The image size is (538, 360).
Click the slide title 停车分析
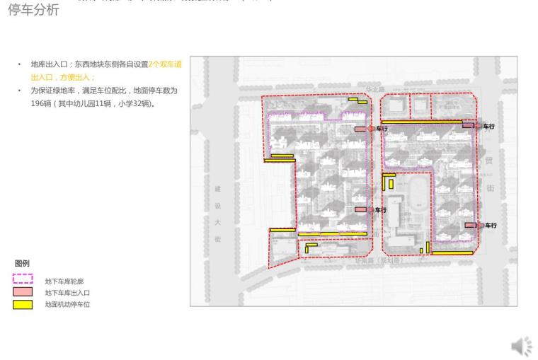click(x=34, y=11)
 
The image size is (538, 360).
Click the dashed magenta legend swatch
click(x=23, y=279)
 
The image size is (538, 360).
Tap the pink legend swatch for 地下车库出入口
click(x=23, y=292)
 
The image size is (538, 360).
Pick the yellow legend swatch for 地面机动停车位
click(x=23, y=304)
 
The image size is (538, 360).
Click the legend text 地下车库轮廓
click(x=64, y=281)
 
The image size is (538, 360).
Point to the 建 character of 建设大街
click(x=217, y=190)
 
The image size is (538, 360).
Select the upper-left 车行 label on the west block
click(x=382, y=129)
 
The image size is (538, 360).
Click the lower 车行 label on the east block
click(x=491, y=225)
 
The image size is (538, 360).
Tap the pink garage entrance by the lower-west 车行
click(x=361, y=210)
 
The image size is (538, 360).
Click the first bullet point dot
click(x=19, y=65)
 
